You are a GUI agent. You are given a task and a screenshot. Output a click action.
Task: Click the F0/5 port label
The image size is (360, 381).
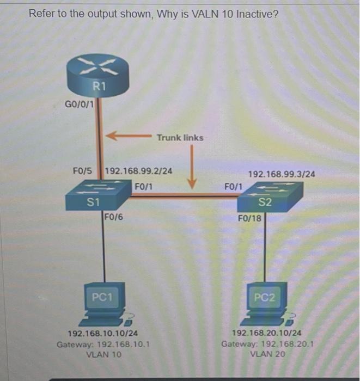click(x=83, y=170)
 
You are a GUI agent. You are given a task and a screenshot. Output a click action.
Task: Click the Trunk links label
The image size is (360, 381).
click(x=180, y=138)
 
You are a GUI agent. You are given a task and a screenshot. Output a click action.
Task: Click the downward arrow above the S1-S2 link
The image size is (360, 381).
click(x=192, y=169)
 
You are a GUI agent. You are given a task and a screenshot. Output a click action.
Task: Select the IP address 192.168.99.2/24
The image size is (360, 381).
click(x=138, y=170)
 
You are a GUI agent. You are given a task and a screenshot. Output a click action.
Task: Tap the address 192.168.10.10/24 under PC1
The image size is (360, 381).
click(x=102, y=334)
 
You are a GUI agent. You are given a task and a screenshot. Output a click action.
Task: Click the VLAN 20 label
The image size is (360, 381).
click(x=267, y=354)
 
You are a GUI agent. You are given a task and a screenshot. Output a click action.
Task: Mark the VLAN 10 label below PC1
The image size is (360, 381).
click(x=103, y=354)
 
